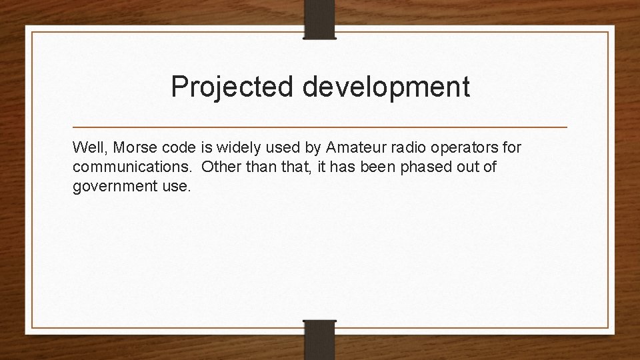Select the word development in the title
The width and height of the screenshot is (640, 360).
pyautogui.click(x=387, y=87)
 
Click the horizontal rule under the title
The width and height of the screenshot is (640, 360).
pyautogui.click(x=320, y=127)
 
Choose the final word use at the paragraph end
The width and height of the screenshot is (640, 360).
pyautogui.click(x=176, y=187)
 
